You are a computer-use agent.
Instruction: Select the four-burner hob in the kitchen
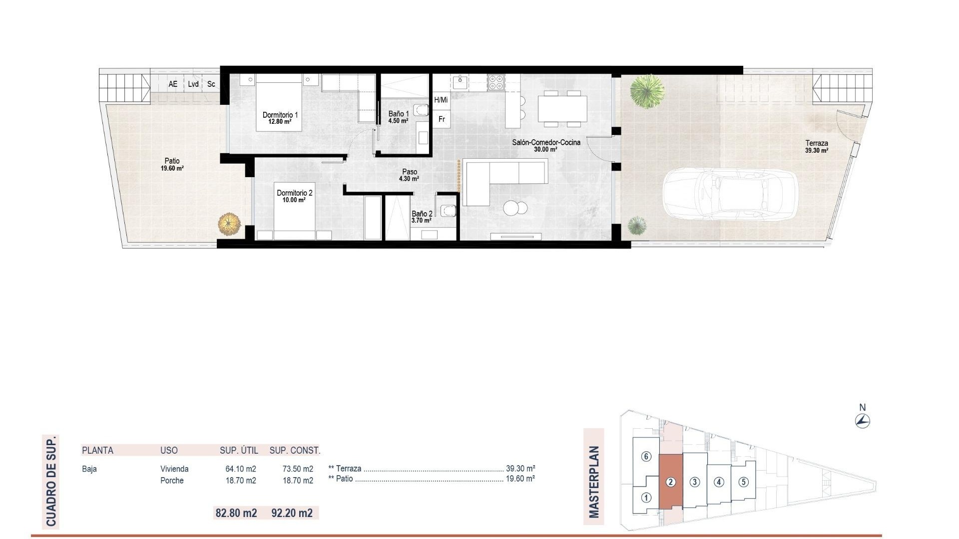pyautogui.click(x=495, y=82)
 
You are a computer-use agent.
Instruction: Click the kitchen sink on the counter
pyautogui.click(x=460, y=82)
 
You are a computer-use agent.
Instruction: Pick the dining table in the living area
pyautogui.click(x=562, y=108)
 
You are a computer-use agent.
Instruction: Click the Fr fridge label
pyautogui.click(x=442, y=119)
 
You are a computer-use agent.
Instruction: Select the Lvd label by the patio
pyautogui.click(x=193, y=84)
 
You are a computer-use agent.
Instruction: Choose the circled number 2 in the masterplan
pyautogui.click(x=671, y=482)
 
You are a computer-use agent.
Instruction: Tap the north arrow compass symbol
pyautogui.click(x=863, y=421)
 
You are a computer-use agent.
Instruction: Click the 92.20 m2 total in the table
pyautogui.click(x=292, y=513)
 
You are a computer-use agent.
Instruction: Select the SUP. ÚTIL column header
pyautogui.click(x=239, y=450)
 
